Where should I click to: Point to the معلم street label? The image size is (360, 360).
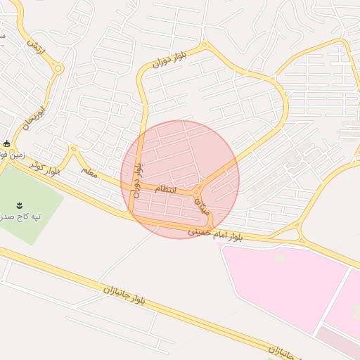point(88,171)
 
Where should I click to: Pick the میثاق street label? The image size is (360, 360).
point(200,204)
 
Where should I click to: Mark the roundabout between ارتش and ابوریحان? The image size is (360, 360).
point(58,69)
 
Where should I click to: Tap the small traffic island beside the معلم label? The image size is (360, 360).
point(72,149)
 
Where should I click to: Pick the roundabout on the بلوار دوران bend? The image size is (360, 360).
point(205,46)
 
